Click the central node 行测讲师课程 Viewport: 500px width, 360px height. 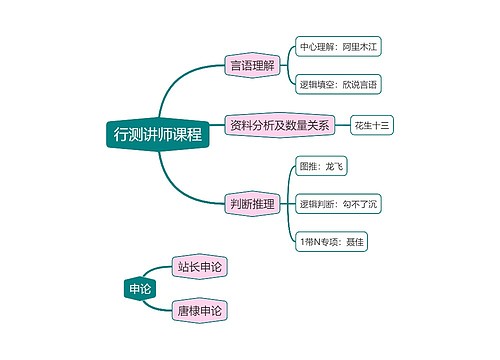158,134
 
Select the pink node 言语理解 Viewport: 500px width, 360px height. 251,66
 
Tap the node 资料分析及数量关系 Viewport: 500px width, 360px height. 279,126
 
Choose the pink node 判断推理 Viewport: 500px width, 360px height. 252,204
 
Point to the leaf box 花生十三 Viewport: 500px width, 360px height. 372,126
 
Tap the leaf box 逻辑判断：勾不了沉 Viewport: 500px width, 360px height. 339,205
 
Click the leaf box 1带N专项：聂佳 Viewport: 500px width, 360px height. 334,242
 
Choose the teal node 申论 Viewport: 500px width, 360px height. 139,289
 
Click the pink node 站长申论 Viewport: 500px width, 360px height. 199,267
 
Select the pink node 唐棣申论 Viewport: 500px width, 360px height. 199,311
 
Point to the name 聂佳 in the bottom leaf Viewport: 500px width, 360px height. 357,242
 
